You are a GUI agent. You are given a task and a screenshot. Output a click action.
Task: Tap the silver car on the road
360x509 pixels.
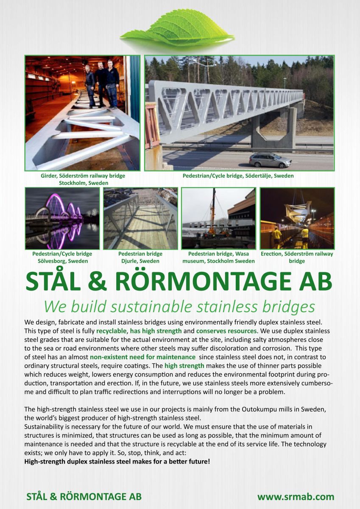click(270, 160)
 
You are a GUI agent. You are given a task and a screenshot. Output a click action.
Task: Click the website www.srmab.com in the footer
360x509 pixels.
click(296, 497)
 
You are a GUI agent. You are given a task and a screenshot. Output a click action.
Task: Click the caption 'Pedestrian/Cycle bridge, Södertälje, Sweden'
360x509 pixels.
click(238, 175)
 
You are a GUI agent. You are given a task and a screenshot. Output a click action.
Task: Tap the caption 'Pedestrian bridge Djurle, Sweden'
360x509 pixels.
click(140, 257)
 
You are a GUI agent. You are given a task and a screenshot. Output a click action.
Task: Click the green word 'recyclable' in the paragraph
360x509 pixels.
click(111, 330)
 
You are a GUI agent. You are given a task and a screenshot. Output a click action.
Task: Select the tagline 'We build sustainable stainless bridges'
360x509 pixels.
click(180, 306)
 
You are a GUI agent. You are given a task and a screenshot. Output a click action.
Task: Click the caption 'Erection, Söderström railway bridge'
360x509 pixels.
click(297, 257)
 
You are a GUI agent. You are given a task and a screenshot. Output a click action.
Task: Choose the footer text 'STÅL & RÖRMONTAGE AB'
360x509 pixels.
click(84, 497)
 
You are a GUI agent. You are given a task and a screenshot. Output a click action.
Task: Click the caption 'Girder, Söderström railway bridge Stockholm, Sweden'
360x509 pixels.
click(80, 179)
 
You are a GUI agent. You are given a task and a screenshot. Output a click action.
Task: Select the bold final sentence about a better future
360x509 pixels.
click(117, 460)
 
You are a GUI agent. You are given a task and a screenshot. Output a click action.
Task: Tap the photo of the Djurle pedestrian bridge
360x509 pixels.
click(140, 218)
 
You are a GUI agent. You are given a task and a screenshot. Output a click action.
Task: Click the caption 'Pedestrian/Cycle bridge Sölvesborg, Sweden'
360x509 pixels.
click(62, 257)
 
